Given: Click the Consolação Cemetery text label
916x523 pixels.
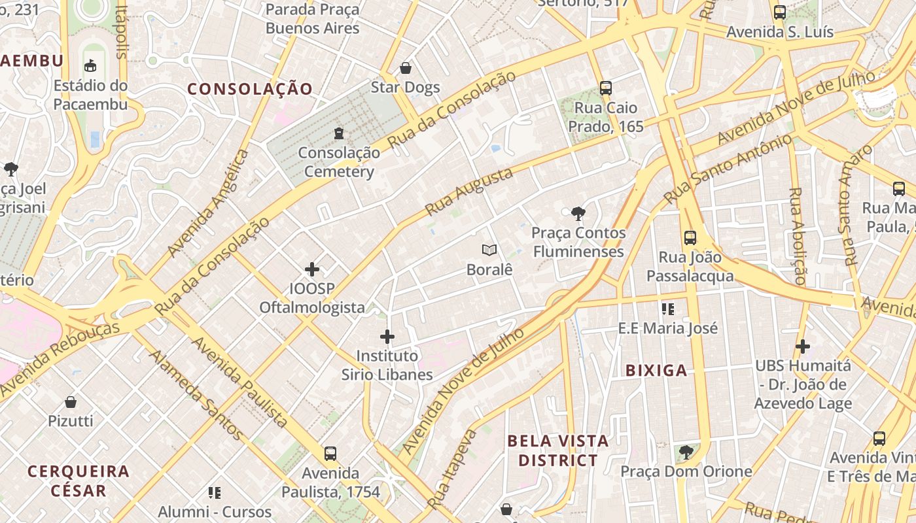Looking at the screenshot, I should click(x=338, y=162).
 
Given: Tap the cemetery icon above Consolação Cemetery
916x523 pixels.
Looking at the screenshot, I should click(x=338, y=133).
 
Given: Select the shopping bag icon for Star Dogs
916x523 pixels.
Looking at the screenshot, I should click(x=406, y=68).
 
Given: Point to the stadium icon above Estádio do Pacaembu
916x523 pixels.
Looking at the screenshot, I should click(x=90, y=65).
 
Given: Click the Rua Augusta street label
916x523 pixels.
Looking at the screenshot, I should click(x=468, y=192).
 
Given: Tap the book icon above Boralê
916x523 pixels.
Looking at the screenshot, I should click(x=489, y=250).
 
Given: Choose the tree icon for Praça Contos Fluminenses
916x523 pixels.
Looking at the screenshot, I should click(x=578, y=212).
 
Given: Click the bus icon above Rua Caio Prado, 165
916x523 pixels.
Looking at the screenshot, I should click(x=606, y=88).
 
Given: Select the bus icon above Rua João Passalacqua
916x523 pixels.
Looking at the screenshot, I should click(x=690, y=237).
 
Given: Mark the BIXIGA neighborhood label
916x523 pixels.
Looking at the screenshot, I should click(x=656, y=371).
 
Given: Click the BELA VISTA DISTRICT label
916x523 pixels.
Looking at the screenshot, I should click(x=558, y=450).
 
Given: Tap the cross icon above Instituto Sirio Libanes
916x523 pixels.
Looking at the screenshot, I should click(x=387, y=337).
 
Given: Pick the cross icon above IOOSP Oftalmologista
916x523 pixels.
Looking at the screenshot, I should click(x=312, y=269).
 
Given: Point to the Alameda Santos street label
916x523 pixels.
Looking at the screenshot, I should click(x=196, y=395).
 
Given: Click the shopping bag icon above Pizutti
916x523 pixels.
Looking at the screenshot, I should click(x=71, y=401).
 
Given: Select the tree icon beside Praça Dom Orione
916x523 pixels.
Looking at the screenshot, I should click(x=686, y=452).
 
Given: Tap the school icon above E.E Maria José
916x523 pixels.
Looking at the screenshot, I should click(x=668, y=309).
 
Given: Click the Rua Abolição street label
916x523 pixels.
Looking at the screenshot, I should click(x=798, y=236).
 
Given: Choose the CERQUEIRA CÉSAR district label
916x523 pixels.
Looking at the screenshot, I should click(x=79, y=481).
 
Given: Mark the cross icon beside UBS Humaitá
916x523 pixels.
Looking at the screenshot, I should click(x=803, y=346).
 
